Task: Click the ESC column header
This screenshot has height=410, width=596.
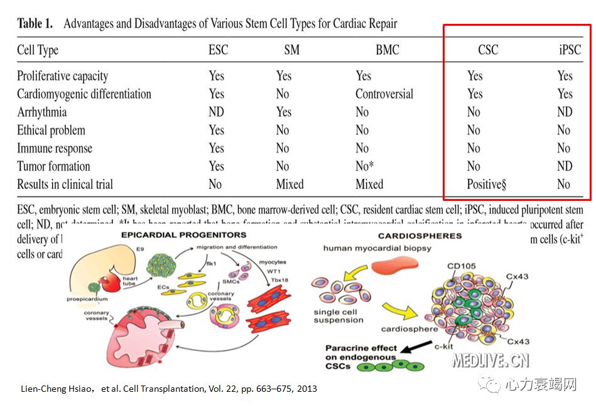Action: (218, 50)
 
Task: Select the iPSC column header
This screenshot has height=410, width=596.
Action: (570, 50)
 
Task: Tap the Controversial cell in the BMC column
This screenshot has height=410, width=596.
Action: (384, 94)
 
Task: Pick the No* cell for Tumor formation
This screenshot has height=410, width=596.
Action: (364, 166)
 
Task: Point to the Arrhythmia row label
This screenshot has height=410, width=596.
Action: (42, 112)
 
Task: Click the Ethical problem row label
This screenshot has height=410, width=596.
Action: (51, 131)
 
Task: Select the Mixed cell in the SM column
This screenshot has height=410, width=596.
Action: (290, 184)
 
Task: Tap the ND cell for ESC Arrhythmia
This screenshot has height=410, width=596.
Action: (217, 112)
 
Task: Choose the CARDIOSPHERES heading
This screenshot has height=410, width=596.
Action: (420, 236)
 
